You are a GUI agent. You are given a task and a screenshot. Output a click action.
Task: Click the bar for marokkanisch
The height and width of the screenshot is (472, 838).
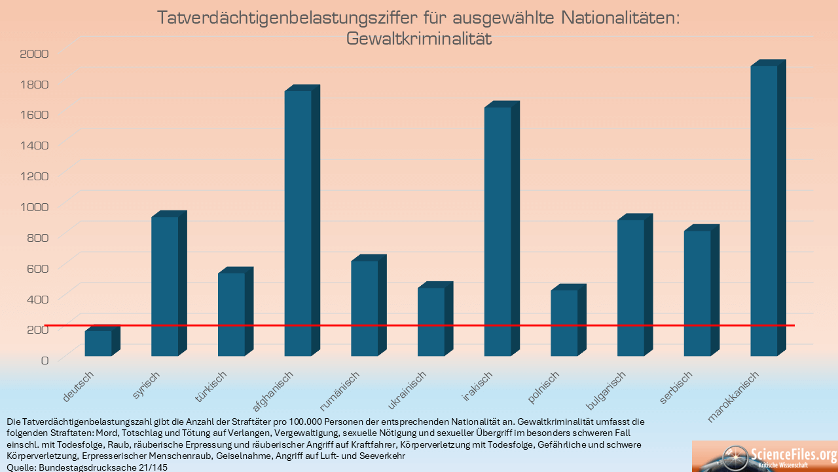click(764, 210)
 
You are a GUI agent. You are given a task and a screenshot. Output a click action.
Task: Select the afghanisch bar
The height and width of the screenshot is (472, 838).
click(298, 223)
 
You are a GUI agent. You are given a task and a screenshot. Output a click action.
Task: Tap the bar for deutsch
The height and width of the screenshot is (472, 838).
click(98, 343)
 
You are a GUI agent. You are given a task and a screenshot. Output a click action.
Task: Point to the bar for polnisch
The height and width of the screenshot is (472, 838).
click(564, 323)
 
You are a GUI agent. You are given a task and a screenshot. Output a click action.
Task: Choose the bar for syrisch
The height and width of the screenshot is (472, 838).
click(164, 286)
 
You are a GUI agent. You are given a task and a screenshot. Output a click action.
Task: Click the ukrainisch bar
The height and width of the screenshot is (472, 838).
click(431, 321)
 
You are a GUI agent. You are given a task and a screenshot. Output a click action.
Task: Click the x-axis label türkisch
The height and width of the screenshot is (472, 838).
click(211, 387)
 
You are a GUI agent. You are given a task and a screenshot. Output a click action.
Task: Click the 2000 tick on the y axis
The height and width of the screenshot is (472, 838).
click(35, 53)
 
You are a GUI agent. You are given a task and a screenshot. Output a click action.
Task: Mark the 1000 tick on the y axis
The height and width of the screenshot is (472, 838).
click(35, 206)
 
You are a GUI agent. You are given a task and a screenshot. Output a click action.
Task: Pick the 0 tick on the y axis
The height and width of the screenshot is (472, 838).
click(45, 360)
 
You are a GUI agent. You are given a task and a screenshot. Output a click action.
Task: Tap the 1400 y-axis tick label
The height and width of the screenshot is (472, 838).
click(35, 145)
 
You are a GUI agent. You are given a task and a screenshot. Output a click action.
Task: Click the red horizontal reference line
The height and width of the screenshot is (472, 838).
click(458, 325)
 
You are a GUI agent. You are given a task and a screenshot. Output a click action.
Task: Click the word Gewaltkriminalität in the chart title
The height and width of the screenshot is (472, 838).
click(418, 39)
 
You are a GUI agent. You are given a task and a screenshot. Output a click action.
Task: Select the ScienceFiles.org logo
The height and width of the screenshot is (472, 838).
click(765, 456)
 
